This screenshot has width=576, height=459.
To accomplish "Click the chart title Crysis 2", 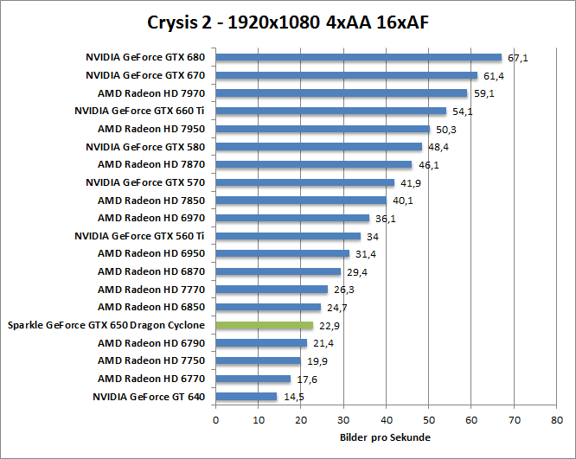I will pyautogui.click(x=288, y=21).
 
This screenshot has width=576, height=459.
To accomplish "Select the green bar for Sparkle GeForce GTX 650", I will pyautogui.click(x=264, y=325).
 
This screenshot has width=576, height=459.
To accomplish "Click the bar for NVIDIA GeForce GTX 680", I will pyautogui.click(x=358, y=58).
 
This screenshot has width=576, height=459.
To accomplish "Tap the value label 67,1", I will pyautogui.click(x=518, y=58).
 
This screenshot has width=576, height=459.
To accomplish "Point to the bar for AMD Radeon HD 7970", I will pyautogui.click(x=341, y=93).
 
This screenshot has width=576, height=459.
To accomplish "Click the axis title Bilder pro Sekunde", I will pyautogui.click(x=384, y=437).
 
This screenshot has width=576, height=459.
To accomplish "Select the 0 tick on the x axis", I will pyautogui.click(x=215, y=419).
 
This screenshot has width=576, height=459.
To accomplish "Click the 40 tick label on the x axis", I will pyautogui.click(x=386, y=419).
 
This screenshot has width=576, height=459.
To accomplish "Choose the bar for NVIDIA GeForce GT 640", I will pyautogui.click(x=246, y=397).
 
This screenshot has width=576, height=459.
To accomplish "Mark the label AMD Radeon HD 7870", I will pyautogui.click(x=150, y=164).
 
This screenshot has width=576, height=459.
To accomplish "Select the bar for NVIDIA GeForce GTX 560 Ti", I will pyautogui.click(x=287, y=236).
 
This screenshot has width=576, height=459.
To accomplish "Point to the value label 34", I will pyautogui.click(x=372, y=237).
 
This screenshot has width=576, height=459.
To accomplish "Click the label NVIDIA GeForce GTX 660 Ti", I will pyautogui.click(x=139, y=111).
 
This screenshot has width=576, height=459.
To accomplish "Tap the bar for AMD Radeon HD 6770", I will pyautogui.click(x=253, y=379).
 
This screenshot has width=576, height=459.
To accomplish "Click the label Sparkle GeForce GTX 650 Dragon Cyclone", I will pyautogui.click(x=106, y=325).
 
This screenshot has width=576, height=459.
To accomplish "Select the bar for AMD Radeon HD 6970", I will pyautogui.click(x=292, y=218).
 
